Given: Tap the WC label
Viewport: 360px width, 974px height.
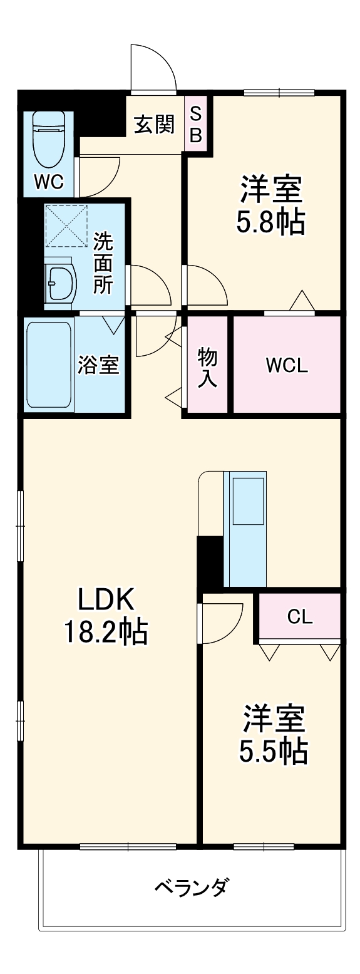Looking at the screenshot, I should [49, 182].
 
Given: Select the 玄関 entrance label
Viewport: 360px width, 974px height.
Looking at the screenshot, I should [154, 125].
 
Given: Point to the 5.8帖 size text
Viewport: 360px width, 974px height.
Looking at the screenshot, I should [270, 222].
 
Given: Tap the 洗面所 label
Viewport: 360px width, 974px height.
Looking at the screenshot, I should [104, 263].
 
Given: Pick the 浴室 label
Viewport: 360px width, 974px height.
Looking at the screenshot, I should [98, 365].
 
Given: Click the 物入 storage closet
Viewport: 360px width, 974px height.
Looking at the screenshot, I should [207, 366].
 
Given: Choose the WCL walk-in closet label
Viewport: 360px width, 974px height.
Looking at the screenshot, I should [287, 366].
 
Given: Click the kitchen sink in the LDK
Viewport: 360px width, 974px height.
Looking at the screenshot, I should [248, 501].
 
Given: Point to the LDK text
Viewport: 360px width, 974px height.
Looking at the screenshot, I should [106, 601].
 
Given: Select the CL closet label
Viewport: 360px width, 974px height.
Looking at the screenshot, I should [300, 617].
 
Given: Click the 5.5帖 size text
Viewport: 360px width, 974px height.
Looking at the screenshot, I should [273, 751].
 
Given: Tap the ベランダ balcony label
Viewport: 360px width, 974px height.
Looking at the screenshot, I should [192, 887].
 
